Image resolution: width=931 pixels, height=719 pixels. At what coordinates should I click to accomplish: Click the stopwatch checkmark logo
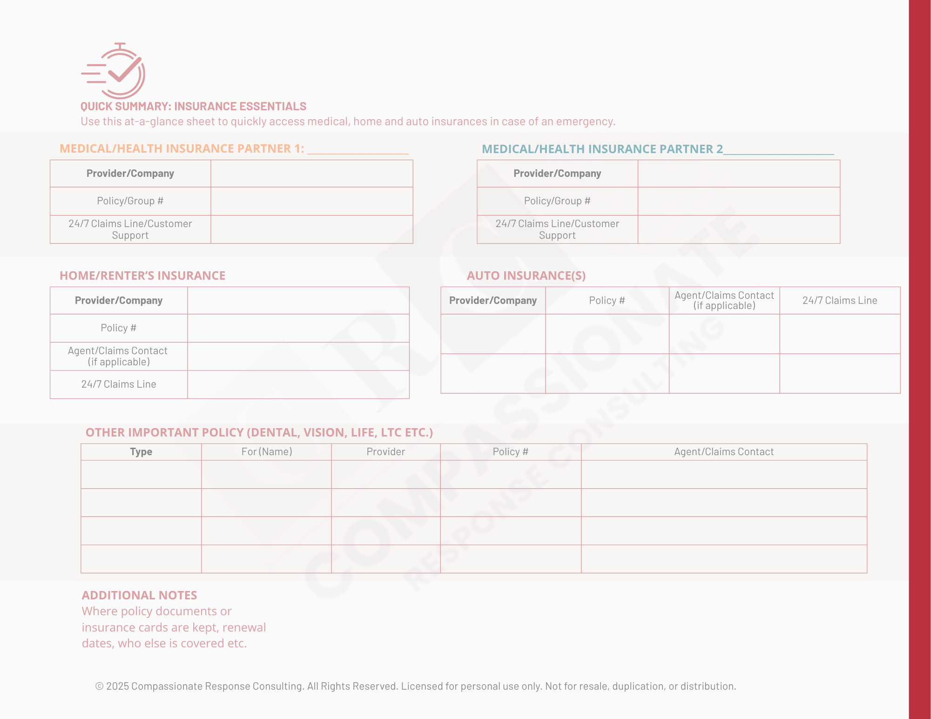pos(114,71)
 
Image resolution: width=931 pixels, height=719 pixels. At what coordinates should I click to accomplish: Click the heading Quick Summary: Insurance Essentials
pos(193,107)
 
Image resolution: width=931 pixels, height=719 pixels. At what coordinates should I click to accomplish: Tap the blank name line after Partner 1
pos(358,150)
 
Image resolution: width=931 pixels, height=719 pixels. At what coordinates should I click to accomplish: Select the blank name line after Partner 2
pos(778,150)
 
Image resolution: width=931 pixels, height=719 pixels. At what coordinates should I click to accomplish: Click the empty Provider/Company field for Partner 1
pos(311,174)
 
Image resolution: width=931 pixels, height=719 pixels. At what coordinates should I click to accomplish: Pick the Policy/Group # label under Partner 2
pos(557,201)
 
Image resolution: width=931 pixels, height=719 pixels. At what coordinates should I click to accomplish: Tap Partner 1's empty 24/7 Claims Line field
pos(311,229)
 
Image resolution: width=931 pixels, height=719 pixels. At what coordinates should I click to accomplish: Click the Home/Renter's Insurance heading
pos(142,276)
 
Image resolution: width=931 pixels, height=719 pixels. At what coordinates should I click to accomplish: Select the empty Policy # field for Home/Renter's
pos(298,328)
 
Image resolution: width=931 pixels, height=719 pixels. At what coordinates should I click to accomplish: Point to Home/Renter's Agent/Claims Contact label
pos(118,356)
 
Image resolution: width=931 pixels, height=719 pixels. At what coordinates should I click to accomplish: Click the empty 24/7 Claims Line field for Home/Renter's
pos(298,384)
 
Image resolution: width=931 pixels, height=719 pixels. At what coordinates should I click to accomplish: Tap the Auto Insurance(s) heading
pos(526,276)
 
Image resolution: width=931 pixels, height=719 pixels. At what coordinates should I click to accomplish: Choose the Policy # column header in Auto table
pos(607,301)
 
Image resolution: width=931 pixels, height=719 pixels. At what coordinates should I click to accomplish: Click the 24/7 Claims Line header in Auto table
pos(839,301)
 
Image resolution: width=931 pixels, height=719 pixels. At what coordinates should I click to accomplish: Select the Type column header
pos(141,452)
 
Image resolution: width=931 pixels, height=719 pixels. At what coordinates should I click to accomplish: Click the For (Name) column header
pos(266,452)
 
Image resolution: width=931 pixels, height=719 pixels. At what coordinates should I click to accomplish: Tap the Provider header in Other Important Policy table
pos(385,452)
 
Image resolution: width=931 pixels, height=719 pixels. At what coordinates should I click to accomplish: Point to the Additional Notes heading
pos(139,595)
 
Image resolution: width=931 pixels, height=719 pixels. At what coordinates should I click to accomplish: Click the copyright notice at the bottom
pos(415,686)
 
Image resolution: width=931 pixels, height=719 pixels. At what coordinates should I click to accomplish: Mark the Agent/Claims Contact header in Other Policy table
pos(723,452)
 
